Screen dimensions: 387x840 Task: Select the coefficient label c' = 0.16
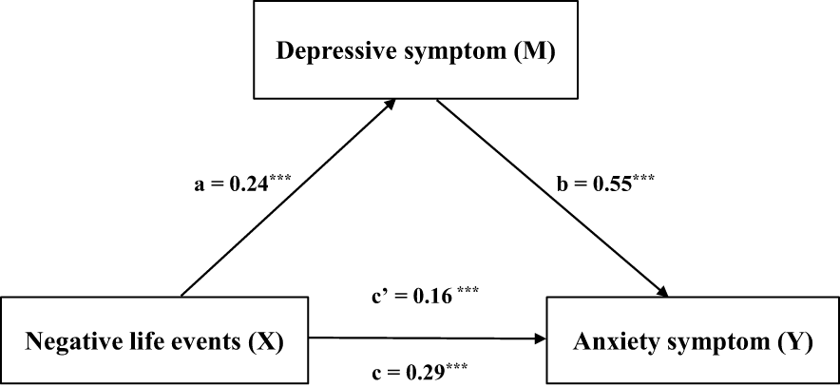pyautogui.click(x=417, y=297)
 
